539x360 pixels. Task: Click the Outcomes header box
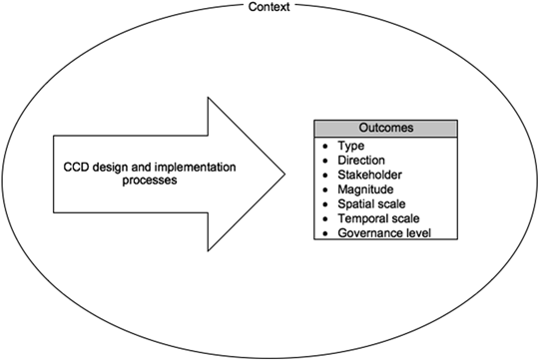(x=385, y=128)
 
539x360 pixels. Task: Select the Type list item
(x=350, y=145)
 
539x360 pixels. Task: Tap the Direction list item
(x=361, y=159)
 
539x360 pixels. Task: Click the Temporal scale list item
(x=378, y=217)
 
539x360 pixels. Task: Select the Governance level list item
(x=384, y=232)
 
